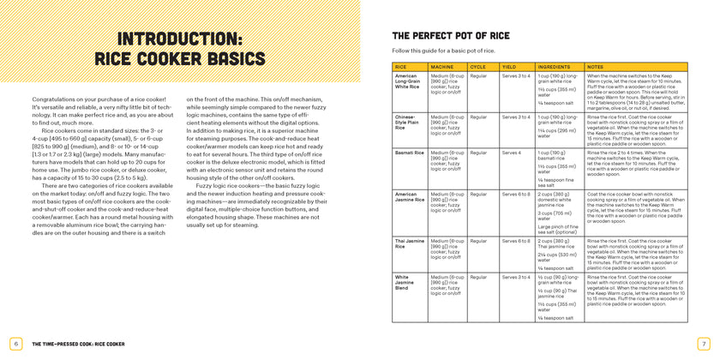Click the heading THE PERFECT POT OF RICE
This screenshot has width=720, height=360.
click(450, 36)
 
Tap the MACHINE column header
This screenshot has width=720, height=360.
click(442, 66)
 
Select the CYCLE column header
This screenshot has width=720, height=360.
click(478, 66)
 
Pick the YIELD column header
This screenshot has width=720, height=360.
click(509, 66)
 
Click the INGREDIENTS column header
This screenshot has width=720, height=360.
click(554, 66)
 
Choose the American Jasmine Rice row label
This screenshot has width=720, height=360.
click(406, 197)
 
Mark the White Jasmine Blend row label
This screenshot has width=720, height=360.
click(406, 283)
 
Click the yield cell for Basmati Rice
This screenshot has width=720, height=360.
click(511, 153)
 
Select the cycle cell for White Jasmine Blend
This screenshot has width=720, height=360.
click(479, 278)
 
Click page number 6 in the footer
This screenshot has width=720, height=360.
click(15, 344)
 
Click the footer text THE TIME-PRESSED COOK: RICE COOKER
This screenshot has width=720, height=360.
click(78, 344)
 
